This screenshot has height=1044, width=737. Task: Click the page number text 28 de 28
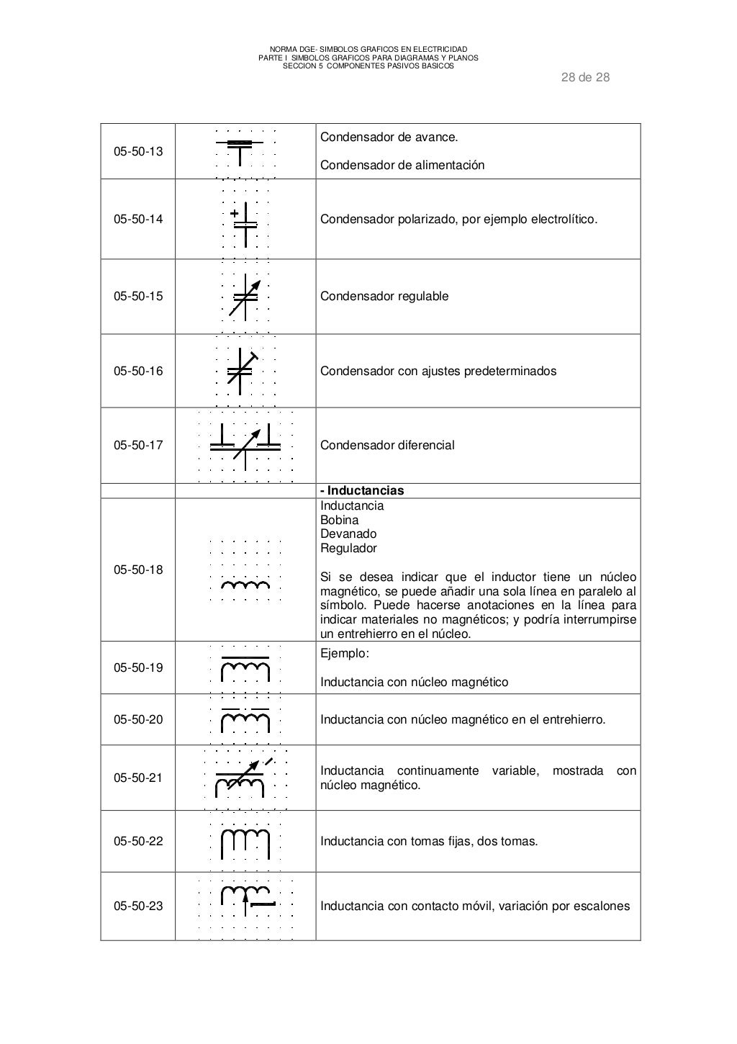585,78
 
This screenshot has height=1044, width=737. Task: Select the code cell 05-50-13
138,152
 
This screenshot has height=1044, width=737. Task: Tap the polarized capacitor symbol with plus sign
245,219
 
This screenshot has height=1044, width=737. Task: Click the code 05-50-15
138,296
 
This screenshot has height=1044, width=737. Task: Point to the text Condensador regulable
384,296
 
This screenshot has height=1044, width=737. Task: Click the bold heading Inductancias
362,490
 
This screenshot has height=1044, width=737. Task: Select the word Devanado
348,534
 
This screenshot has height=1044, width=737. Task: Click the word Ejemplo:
344,654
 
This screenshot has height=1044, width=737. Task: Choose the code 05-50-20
138,719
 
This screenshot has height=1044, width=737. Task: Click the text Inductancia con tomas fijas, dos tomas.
429,841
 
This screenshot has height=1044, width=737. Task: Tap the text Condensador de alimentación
402,165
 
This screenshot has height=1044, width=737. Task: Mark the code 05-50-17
138,445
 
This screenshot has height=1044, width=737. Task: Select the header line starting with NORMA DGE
368,48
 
